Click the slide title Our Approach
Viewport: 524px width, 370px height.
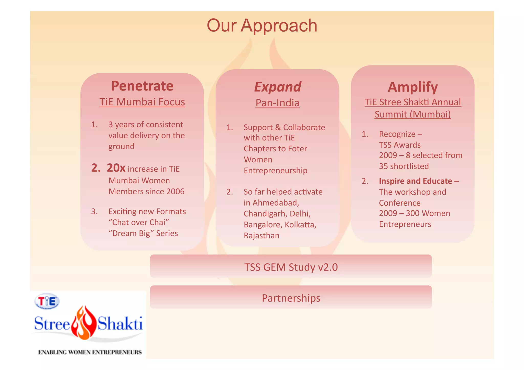[x=262, y=26]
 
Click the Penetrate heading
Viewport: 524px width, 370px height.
[x=142, y=86]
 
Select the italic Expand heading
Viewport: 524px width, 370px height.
[x=278, y=87]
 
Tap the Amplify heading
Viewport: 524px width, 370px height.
[x=413, y=87]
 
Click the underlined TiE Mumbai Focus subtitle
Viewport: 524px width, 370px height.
[x=142, y=102]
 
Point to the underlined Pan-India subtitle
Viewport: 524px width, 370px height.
[x=278, y=103]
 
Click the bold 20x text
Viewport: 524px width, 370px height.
[x=116, y=168]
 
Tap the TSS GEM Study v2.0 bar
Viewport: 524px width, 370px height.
[x=291, y=267]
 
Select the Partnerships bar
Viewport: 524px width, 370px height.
[x=291, y=298]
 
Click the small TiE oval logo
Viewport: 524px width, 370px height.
[x=47, y=301]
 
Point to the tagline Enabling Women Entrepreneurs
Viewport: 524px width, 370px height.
[x=90, y=352]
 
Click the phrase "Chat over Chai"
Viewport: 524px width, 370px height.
[x=139, y=222]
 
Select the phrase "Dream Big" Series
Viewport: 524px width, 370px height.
[x=143, y=233]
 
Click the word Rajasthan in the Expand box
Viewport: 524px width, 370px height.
[x=261, y=236]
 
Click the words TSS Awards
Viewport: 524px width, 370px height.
[x=400, y=145]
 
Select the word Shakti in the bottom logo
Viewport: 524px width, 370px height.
[x=120, y=324]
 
